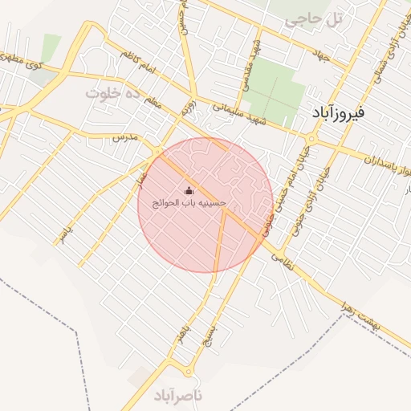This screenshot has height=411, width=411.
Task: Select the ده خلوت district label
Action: click(113, 93)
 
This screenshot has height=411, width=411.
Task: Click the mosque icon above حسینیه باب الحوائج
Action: click(189, 190)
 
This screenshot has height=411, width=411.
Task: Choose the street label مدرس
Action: click(125, 138)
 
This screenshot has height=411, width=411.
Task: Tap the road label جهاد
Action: click(323, 55)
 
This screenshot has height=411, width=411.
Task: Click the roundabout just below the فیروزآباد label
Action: click(312, 139)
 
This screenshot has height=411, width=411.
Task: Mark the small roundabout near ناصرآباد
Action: click(189, 370)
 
